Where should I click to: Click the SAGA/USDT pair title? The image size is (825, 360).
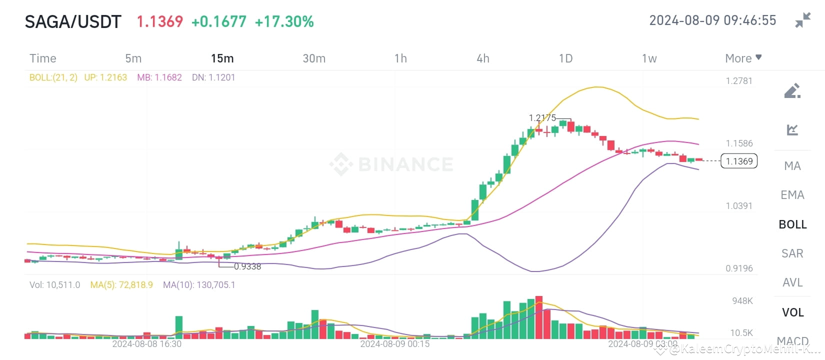pyautogui.click(x=73, y=21)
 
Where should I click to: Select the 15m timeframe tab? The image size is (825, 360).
pyautogui.click(x=222, y=58)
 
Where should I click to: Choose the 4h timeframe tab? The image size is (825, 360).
pyautogui.click(x=482, y=58)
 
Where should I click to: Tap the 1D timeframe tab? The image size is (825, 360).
pyautogui.click(x=565, y=58)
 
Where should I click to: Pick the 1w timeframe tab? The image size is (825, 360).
pyautogui.click(x=649, y=58)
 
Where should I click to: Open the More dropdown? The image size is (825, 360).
pyautogui.click(x=743, y=58)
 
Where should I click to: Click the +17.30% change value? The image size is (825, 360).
pyautogui.click(x=284, y=21)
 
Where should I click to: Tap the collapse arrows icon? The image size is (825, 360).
pyautogui.click(x=802, y=20)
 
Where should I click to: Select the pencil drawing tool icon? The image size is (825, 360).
pyautogui.click(x=792, y=91)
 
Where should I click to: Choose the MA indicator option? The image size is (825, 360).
pyautogui.click(x=792, y=165)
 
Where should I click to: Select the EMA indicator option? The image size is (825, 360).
pyautogui.click(x=792, y=195)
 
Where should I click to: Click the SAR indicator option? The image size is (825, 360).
pyautogui.click(x=792, y=253)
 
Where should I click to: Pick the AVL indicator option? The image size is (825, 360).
pyautogui.click(x=792, y=282)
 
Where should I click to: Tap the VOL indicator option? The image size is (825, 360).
pyautogui.click(x=792, y=312)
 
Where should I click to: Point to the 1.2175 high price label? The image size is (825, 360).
pyautogui.click(x=542, y=118)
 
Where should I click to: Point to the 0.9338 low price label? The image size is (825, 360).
pyautogui.click(x=247, y=266)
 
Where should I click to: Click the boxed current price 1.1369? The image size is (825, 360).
pyautogui.click(x=739, y=161)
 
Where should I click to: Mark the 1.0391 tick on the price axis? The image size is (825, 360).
pyautogui.click(x=739, y=206)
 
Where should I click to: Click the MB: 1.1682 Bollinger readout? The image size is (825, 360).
pyautogui.click(x=159, y=77)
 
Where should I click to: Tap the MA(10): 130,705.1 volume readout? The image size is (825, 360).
pyautogui.click(x=199, y=285)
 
